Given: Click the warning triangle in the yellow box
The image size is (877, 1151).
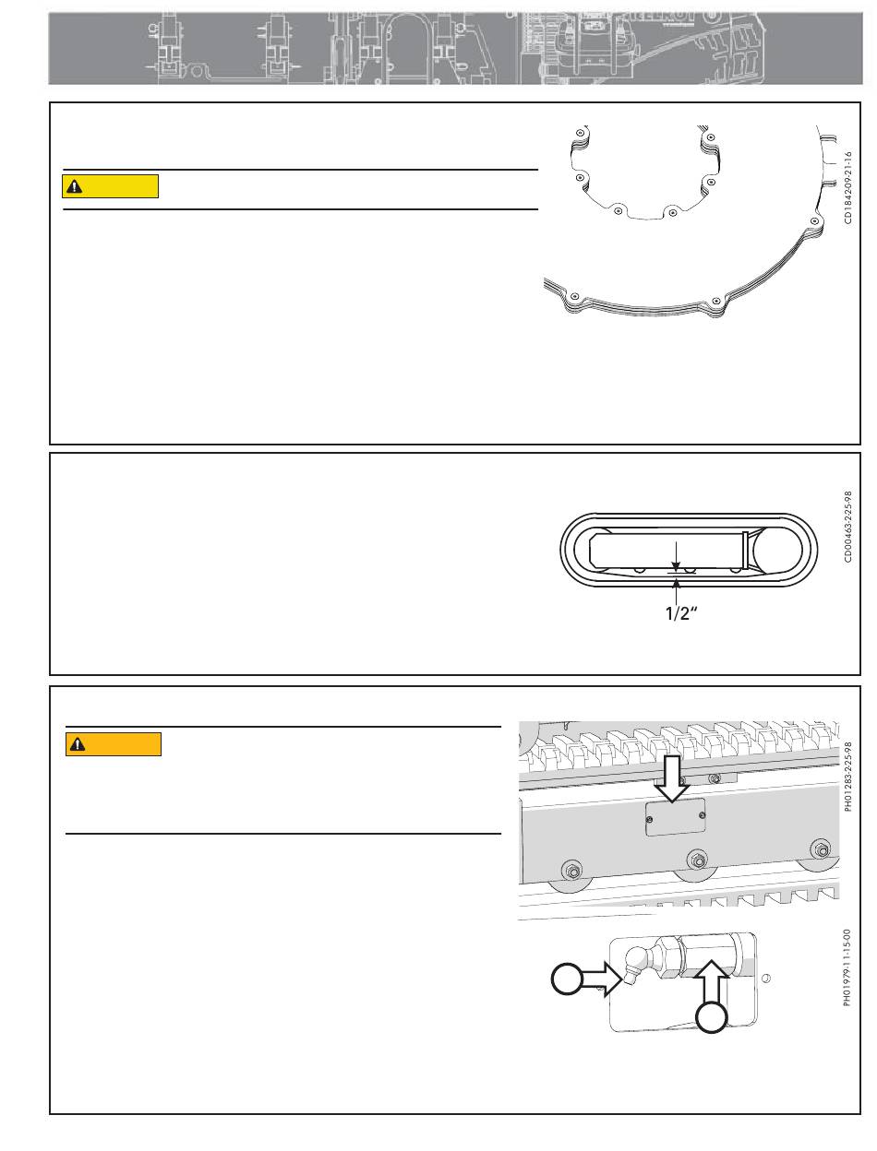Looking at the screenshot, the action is click(75, 186).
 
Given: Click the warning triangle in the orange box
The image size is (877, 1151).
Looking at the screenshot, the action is click(78, 744).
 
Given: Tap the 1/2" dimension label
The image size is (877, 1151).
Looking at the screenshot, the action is click(681, 613).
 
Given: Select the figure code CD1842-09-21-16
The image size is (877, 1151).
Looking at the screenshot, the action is click(848, 188).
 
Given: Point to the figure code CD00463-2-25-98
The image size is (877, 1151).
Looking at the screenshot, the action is click(848, 527).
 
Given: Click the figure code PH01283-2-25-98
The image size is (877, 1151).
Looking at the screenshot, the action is click(848, 776).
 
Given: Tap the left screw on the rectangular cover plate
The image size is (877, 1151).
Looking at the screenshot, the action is click(650, 820).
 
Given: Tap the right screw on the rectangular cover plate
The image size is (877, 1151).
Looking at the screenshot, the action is click(703, 815).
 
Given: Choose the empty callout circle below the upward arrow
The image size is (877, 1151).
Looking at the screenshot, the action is click(711, 1017).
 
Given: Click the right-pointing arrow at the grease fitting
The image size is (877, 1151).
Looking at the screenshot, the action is click(602, 979).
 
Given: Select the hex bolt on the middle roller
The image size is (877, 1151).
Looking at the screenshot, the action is click(698, 860).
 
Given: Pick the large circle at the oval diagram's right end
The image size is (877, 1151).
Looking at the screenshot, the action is click(777, 550).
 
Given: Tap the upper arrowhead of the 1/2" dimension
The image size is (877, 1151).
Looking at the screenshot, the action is click(677, 565).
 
